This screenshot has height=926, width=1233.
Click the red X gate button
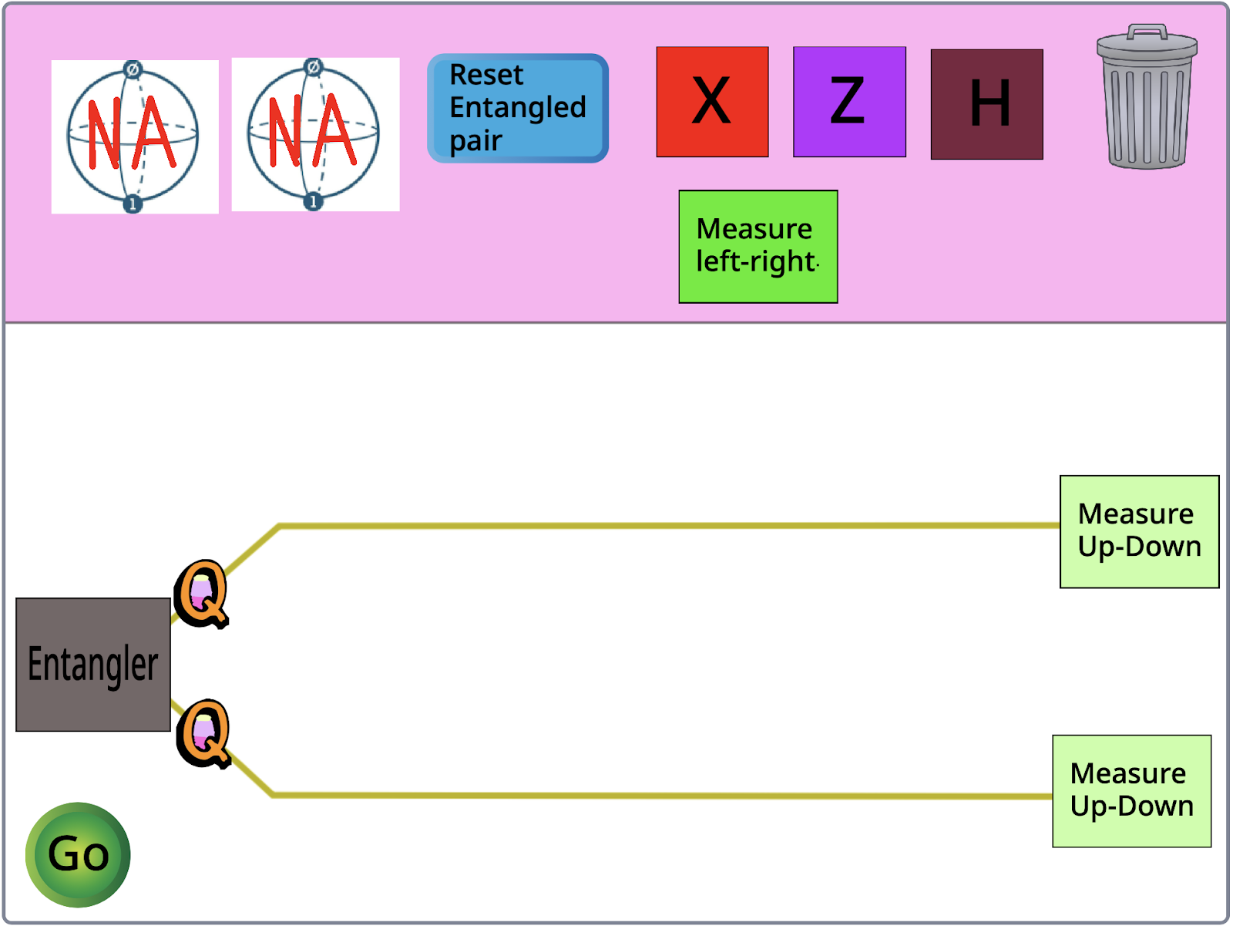[712, 102]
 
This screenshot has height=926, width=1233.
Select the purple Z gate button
[849, 102]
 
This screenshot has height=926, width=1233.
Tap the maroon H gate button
[986, 105]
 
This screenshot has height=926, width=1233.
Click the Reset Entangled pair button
[518, 108]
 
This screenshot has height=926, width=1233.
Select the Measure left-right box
[758, 247]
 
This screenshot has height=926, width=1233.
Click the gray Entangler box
[93, 665]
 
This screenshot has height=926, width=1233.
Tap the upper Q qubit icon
[202, 593]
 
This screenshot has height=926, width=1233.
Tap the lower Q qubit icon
[204, 733]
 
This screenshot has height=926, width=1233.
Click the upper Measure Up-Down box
[1139, 531]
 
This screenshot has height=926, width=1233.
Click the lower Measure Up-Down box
[1131, 791]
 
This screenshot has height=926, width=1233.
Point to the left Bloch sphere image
[135, 136]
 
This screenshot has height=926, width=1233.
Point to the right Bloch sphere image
[315, 134]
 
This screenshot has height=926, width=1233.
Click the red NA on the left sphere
[131, 133]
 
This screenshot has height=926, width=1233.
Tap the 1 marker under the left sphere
[133, 204]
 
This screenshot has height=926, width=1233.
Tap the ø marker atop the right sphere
[313, 67]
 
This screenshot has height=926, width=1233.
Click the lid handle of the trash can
[1147, 32]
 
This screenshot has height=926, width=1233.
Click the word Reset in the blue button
[486, 75]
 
